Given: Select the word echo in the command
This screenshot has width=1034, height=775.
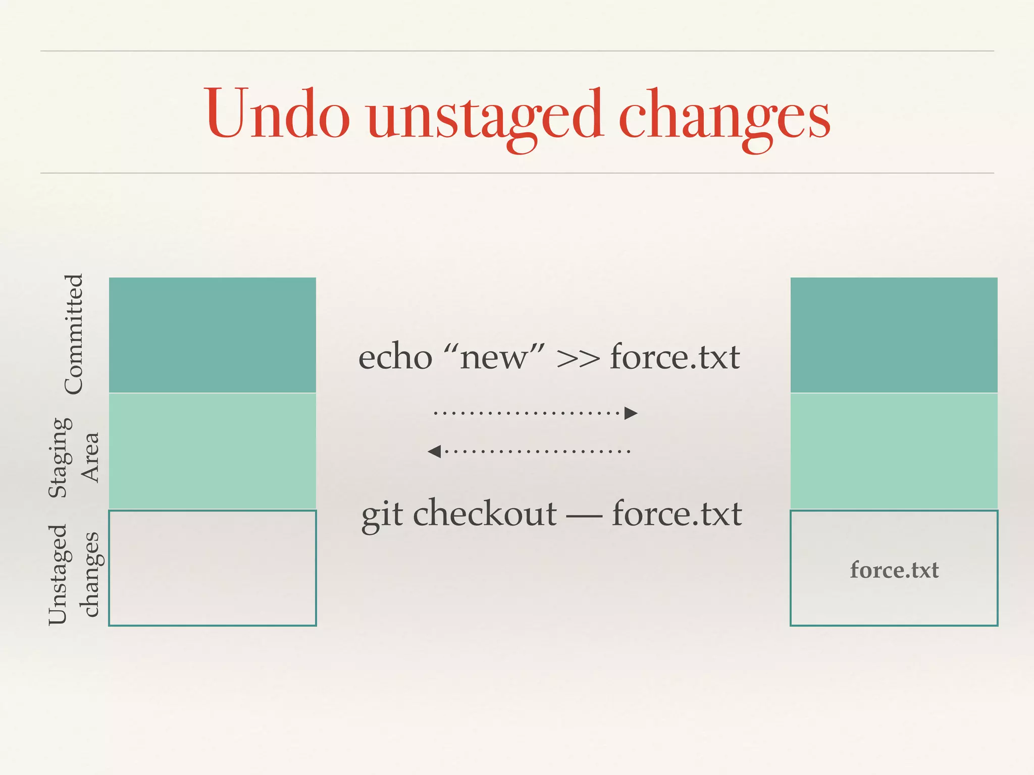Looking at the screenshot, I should (395, 357).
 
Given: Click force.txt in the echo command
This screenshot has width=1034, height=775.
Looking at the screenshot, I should (675, 357).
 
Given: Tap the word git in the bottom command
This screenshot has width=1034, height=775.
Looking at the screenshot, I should (382, 515).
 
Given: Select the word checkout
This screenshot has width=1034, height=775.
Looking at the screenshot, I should (485, 514).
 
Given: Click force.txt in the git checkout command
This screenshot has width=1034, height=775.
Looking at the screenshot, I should (677, 514).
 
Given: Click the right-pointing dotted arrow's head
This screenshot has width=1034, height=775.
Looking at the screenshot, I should (631, 413).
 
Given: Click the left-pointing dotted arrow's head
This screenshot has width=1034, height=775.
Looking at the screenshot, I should (434, 451).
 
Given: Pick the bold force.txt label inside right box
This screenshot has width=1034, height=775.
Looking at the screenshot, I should (894, 570).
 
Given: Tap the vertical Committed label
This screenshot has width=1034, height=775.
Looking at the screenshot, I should (74, 334).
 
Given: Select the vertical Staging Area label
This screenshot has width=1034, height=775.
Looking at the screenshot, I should (74, 457).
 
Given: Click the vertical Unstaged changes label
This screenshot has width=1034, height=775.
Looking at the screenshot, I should (74, 574).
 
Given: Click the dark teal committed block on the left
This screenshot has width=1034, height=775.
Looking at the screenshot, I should (212, 335).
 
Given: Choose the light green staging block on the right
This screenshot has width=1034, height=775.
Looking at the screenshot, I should (894, 451).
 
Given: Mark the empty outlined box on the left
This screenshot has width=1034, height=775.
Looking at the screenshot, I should (212, 568).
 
